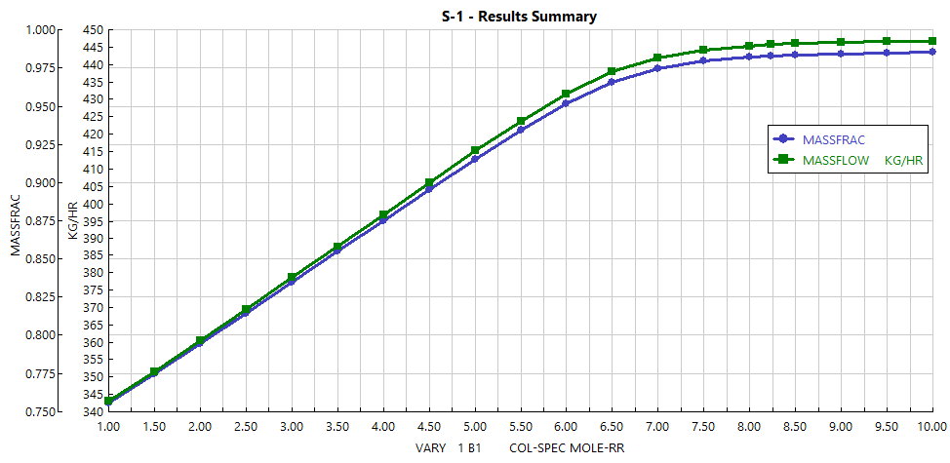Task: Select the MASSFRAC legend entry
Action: pos(833,139)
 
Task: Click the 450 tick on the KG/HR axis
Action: pos(91,30)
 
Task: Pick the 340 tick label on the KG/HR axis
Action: pos(91,411)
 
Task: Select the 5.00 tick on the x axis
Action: pos(475,427)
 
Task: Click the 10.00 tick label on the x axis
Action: pos(931,427)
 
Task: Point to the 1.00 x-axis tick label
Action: pos(108,427)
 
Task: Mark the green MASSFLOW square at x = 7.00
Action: pos(657,58)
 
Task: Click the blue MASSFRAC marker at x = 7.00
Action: pos(657,68)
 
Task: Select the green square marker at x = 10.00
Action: pos(932,41)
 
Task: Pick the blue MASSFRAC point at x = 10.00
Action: pos(932,52)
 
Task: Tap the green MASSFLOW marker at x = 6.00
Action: pos(566,94)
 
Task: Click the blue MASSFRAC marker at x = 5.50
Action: pos(521,129)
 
